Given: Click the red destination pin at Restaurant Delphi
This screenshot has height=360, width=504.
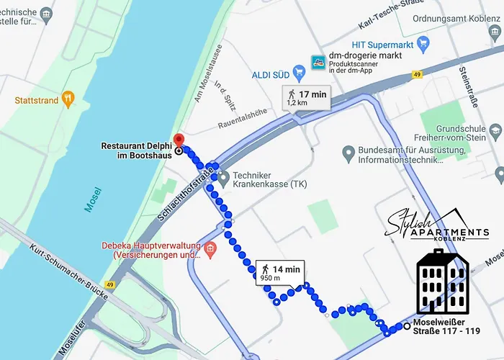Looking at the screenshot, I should [179, 140].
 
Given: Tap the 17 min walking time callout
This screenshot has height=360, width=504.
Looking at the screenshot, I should [307, 97].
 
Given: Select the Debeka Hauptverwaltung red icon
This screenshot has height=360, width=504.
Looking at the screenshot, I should [210, 249].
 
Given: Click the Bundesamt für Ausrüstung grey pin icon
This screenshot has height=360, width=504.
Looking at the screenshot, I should [349, 153].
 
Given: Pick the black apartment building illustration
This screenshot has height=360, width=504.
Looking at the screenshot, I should [442, 282].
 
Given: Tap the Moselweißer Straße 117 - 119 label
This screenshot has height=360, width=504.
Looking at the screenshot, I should [447, 326].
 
